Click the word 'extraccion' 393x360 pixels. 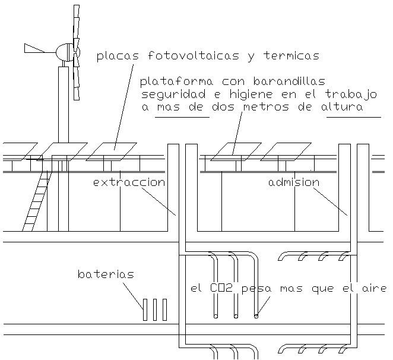point(129,182)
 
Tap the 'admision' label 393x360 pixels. point(294,182)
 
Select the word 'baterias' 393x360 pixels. point(106,274)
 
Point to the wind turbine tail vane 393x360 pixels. point(34,48)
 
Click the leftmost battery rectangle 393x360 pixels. point(145,310)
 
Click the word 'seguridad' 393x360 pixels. point(167,94)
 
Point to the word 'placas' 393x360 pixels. point(118,56)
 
